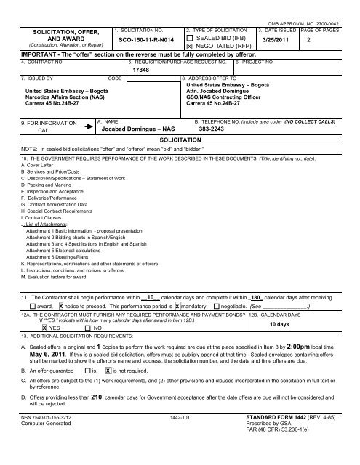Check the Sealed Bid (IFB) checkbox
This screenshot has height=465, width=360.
(191, 38)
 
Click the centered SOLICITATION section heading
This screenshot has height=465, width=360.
(180, 139)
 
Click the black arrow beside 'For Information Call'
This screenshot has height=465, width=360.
(89, 125)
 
